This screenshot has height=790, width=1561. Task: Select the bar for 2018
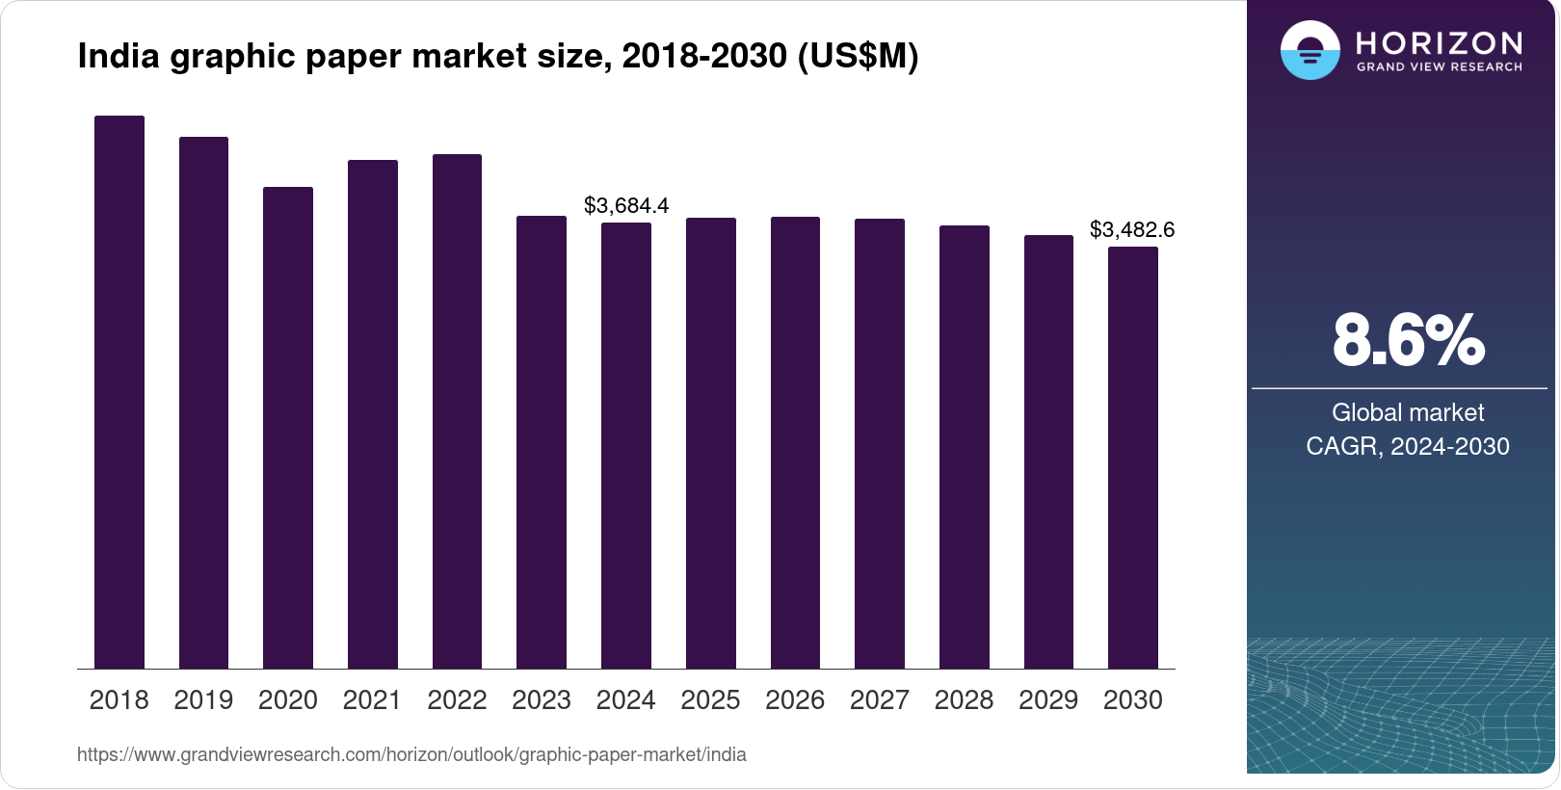point(119,392)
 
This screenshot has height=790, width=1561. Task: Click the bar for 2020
point(288,428)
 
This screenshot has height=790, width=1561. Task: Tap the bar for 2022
point(457,411)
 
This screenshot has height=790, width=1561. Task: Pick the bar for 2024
point(626,445)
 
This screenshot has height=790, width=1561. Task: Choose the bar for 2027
point(880,443)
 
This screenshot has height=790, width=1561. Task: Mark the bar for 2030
point(1133,458)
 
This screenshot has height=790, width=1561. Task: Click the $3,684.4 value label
point(626,205)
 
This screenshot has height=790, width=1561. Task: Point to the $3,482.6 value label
point(1132,229)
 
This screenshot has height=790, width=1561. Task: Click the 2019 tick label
point(203,699)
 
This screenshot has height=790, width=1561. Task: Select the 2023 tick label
point(542,699)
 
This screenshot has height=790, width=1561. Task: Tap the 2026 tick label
point(795,699)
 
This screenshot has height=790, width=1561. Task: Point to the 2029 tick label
point(1048,699)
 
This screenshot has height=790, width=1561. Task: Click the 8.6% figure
point(1408,340)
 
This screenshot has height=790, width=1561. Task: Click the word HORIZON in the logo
point(1439,43)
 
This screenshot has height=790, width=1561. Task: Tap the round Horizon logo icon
point(1310,50)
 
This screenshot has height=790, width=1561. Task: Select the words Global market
point(1408,412)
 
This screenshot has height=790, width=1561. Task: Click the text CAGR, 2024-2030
point(1408,446)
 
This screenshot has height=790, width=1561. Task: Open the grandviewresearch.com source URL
point(411,754)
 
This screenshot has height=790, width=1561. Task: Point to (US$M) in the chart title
point(858,56)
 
